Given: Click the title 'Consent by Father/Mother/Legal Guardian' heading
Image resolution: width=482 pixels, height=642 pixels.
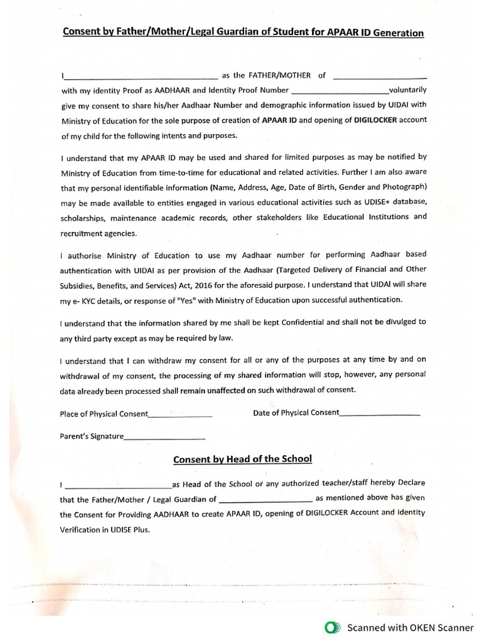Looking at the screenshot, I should coord(243,32).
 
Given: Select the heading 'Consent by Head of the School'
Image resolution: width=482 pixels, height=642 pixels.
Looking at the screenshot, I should coord(242,459).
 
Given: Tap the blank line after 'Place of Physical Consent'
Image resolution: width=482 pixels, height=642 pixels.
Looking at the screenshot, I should coord(181,415).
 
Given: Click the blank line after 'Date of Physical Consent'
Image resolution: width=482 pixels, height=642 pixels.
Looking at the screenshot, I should coord(380,414).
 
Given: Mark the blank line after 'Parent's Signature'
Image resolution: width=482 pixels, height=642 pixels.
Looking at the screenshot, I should coord(165,437).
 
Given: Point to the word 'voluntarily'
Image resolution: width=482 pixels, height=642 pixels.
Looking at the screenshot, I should coord(408,90).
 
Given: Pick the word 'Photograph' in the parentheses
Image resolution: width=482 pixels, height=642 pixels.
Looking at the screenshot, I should coord(404,186).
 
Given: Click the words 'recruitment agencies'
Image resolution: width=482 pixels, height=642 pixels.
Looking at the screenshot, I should coord(98,233).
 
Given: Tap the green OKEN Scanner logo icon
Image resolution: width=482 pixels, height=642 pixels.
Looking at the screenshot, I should coord(332,627).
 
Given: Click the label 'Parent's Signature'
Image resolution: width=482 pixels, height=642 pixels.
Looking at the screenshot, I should coord(92,436).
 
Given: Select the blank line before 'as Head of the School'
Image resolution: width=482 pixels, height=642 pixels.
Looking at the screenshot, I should coord(118,485).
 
